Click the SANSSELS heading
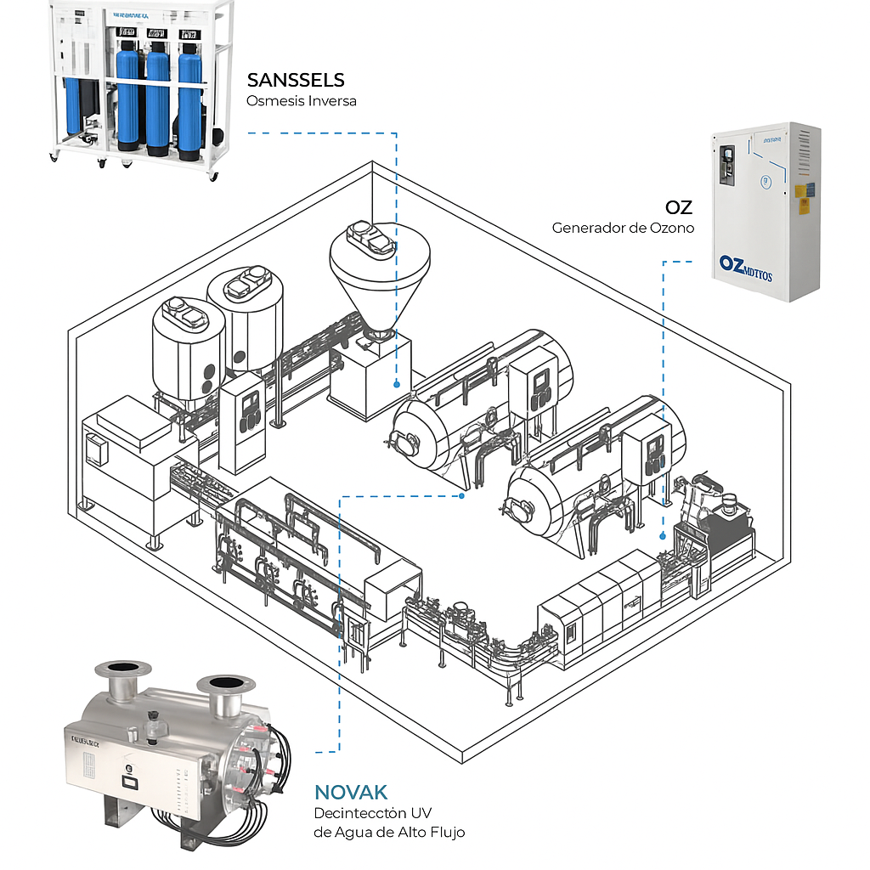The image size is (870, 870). [x=296, y=81]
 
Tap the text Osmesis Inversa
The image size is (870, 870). [x=301, y=101]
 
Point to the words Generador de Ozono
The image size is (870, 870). [x=623, y=228]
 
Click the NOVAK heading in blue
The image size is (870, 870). [x=351, y=793]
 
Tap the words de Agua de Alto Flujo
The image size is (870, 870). [x=389, y=832]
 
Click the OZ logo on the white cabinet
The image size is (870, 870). [x=745, y=265]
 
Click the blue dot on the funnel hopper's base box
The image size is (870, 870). [x=396, y=384]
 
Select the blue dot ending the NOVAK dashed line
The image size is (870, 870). [x=460, y=495]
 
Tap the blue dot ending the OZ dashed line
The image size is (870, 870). [x=663, y=536]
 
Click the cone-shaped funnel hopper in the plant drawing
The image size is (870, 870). [x=380, y=272]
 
